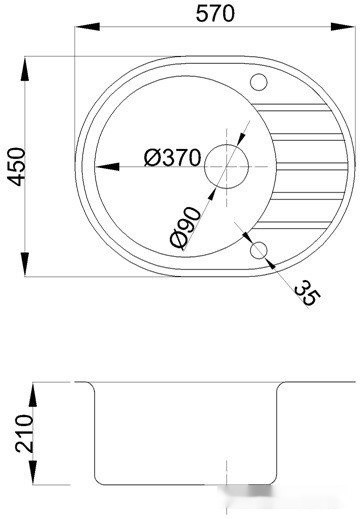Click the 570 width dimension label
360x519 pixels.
(x=215, y=14)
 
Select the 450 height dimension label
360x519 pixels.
(x=16, y=167)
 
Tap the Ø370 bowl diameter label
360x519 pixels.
(x=173, y=157)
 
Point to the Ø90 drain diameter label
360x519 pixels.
(x=186, y=228)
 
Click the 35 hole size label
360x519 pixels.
(x=307, y=292)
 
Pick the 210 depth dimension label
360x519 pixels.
(x=24, y=433)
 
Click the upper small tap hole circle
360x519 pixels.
(x=259, y=82)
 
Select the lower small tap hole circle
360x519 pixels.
(x=259, y=250)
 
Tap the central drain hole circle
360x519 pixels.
(x=227, y=166)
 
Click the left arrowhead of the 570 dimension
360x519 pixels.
(x=87, y=27)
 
